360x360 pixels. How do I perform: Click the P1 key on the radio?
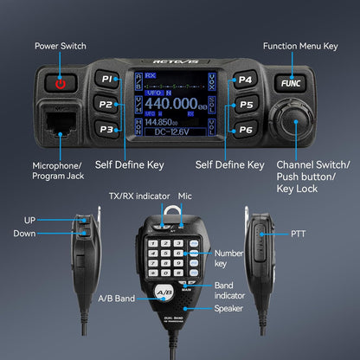[x=108, y=80]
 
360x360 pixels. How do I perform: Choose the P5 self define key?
[x=246, y=105]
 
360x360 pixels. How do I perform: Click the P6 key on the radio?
[x=246, y=130]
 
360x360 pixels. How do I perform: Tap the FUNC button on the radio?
[x=288, y=82]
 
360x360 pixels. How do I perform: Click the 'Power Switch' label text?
[x=60, y=46]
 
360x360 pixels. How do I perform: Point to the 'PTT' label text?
[x=298, y=233]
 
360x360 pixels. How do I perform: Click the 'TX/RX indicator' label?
[x=138, y=197]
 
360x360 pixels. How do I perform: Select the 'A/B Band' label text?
[x=116, y=299]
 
